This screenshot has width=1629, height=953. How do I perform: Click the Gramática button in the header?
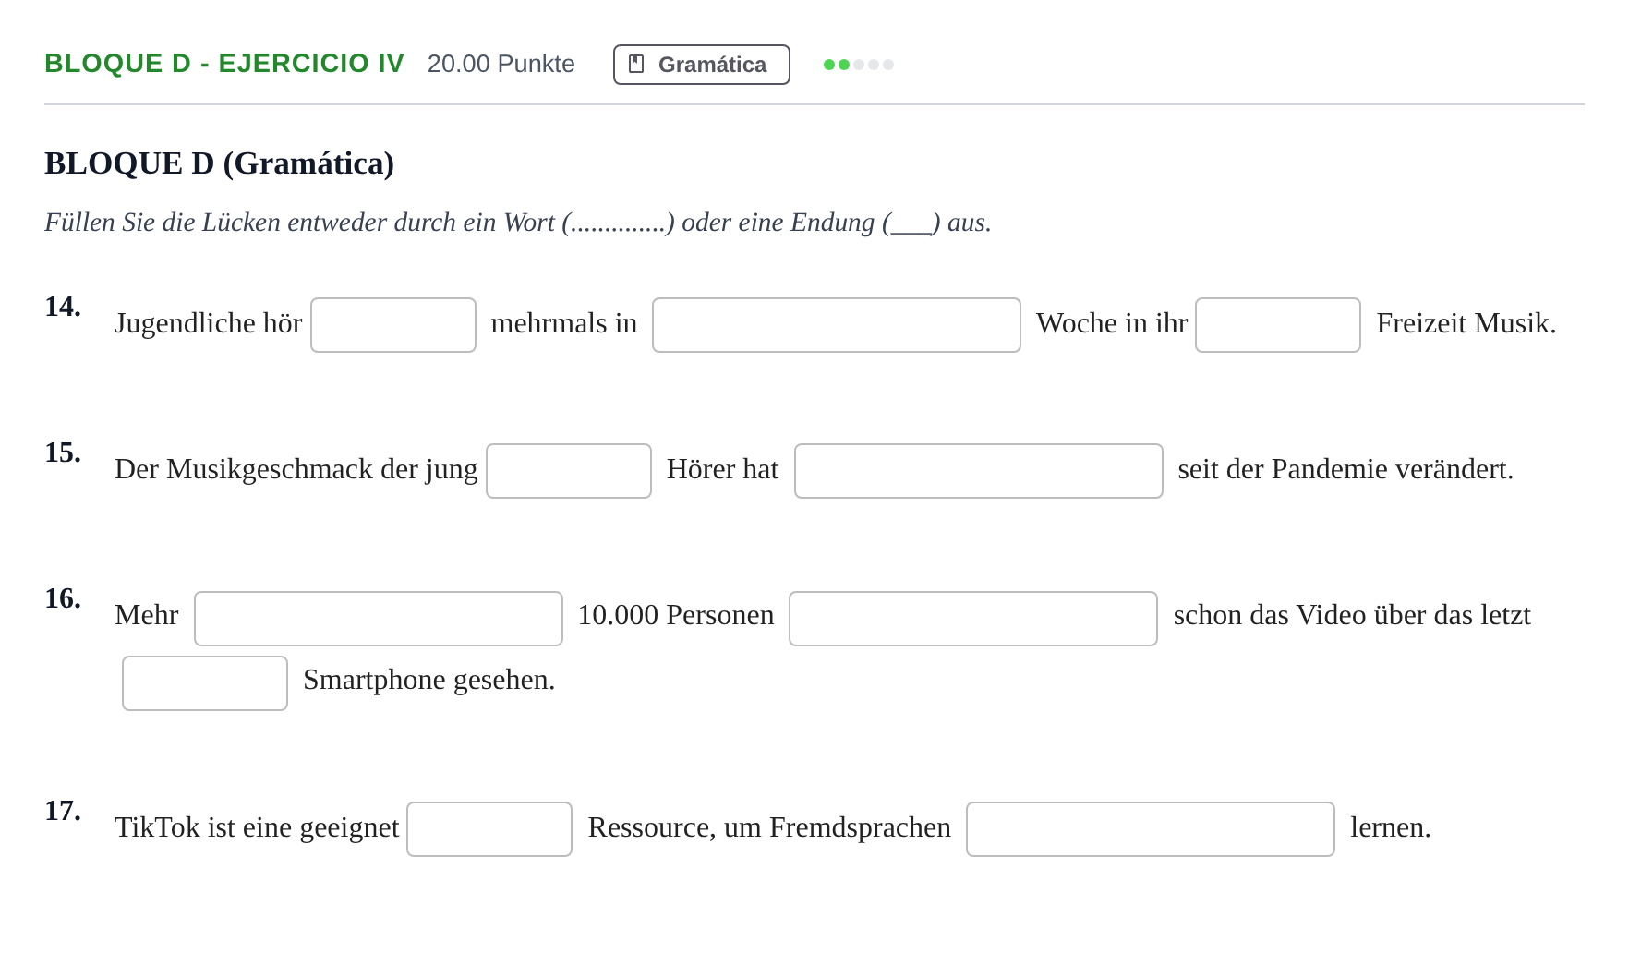702,65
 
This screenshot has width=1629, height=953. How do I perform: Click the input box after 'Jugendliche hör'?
393,325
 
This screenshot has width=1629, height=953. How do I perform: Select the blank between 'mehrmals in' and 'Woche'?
837,325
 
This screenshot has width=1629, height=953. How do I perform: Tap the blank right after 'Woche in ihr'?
1278,325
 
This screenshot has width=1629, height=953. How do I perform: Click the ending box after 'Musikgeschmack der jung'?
569,471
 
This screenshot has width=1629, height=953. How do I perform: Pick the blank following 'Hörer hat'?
979,471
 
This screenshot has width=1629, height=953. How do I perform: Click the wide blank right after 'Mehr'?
379,619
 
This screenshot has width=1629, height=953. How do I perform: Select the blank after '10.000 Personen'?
973,619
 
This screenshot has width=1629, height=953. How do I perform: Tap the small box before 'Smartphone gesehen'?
205,683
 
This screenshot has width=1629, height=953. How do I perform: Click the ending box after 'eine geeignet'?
489,829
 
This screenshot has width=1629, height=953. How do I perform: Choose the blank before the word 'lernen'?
1151,829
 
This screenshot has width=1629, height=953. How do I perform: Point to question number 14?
63,307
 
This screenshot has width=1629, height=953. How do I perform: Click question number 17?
63,811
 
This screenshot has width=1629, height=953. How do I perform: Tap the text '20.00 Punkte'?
501,64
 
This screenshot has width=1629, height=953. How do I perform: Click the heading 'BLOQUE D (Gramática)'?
220,163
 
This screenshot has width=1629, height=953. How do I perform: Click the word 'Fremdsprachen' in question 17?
860,827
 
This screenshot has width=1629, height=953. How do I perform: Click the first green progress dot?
829,65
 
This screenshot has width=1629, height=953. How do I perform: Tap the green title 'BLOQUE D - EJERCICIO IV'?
224,64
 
